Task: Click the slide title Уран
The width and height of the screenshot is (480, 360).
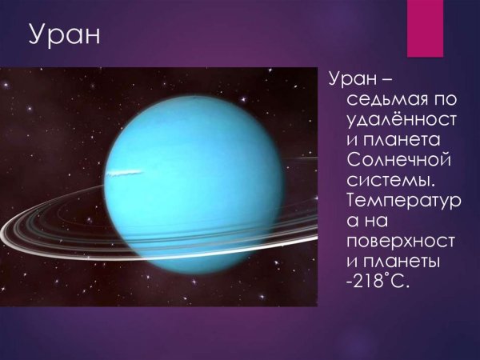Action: pos(64,36)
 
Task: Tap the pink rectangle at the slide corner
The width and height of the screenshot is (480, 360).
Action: pos(425,28)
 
